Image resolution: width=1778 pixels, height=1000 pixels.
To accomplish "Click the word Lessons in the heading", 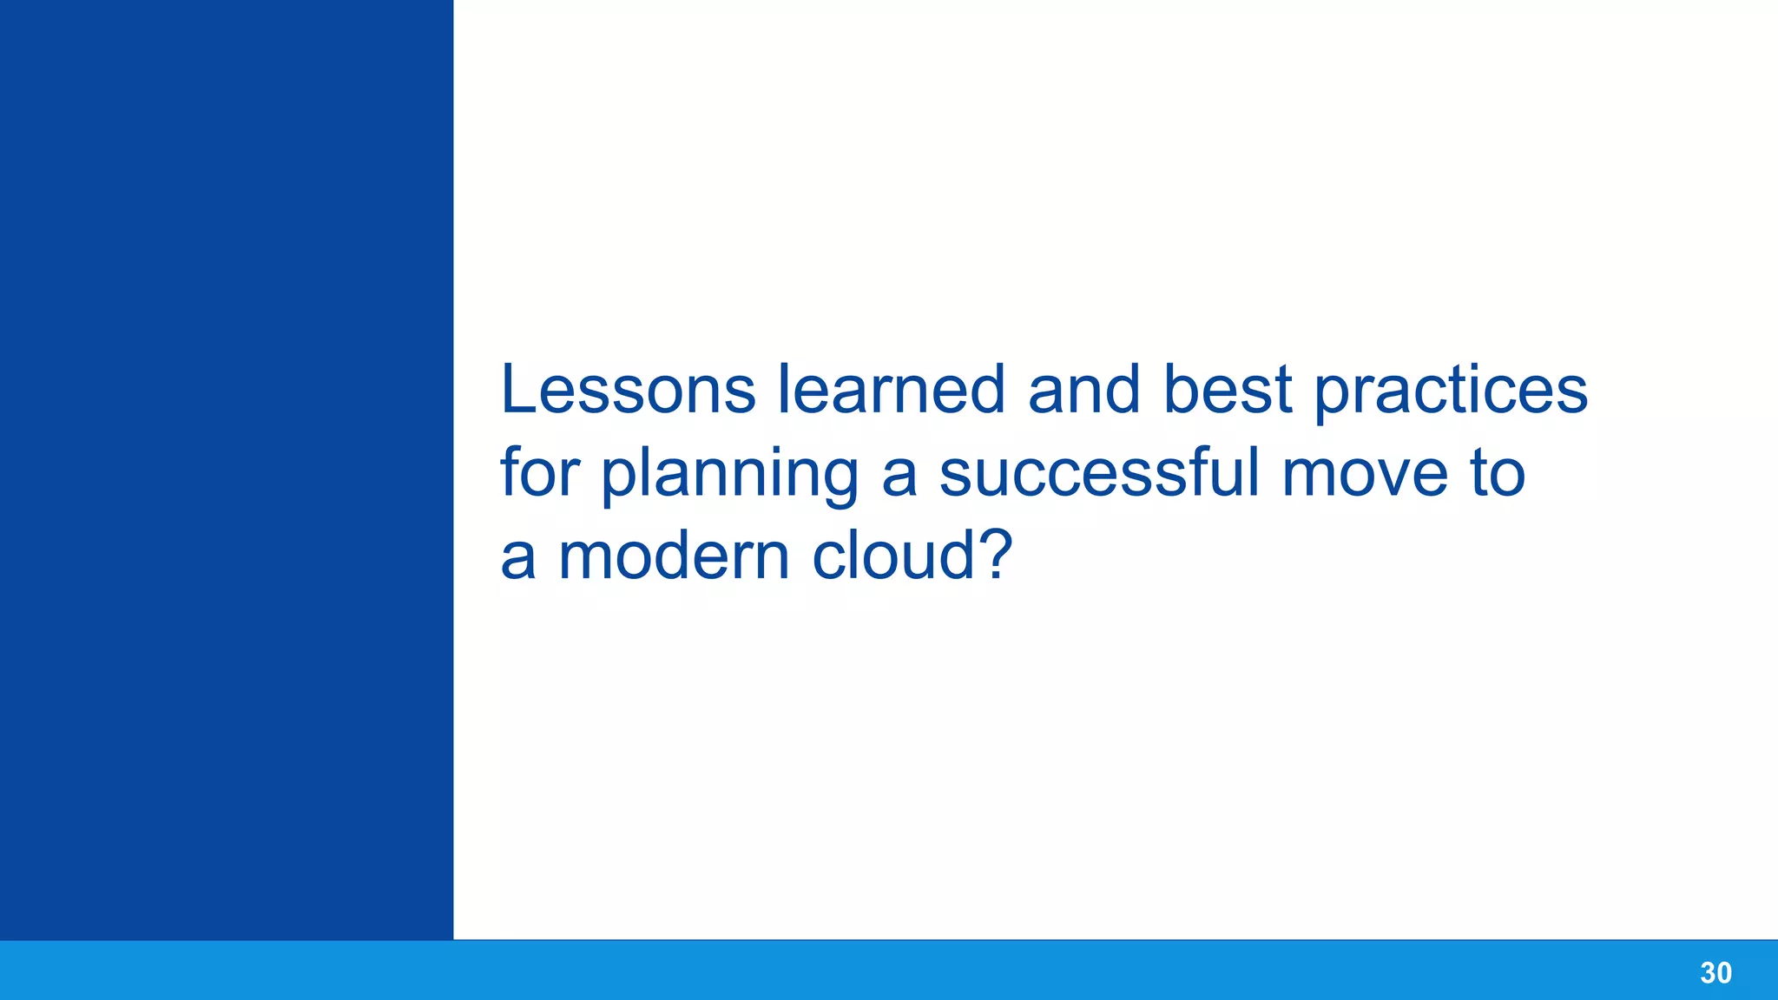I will (x=628, y=390).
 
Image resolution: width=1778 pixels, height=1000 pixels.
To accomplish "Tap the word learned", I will (x=891, y=390).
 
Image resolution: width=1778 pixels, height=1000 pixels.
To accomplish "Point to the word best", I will (x=1228, y=390).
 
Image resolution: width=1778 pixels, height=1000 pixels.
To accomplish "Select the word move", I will (x=1365, y=475).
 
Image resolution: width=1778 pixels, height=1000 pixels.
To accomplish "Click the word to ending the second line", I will (x=1497, y=473).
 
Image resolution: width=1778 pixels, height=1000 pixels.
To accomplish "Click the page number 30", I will (x=1715, y=973).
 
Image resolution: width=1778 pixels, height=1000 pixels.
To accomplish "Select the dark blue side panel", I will (x=226, y=469).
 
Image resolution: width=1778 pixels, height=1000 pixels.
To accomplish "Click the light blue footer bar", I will (x=868, y=970).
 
